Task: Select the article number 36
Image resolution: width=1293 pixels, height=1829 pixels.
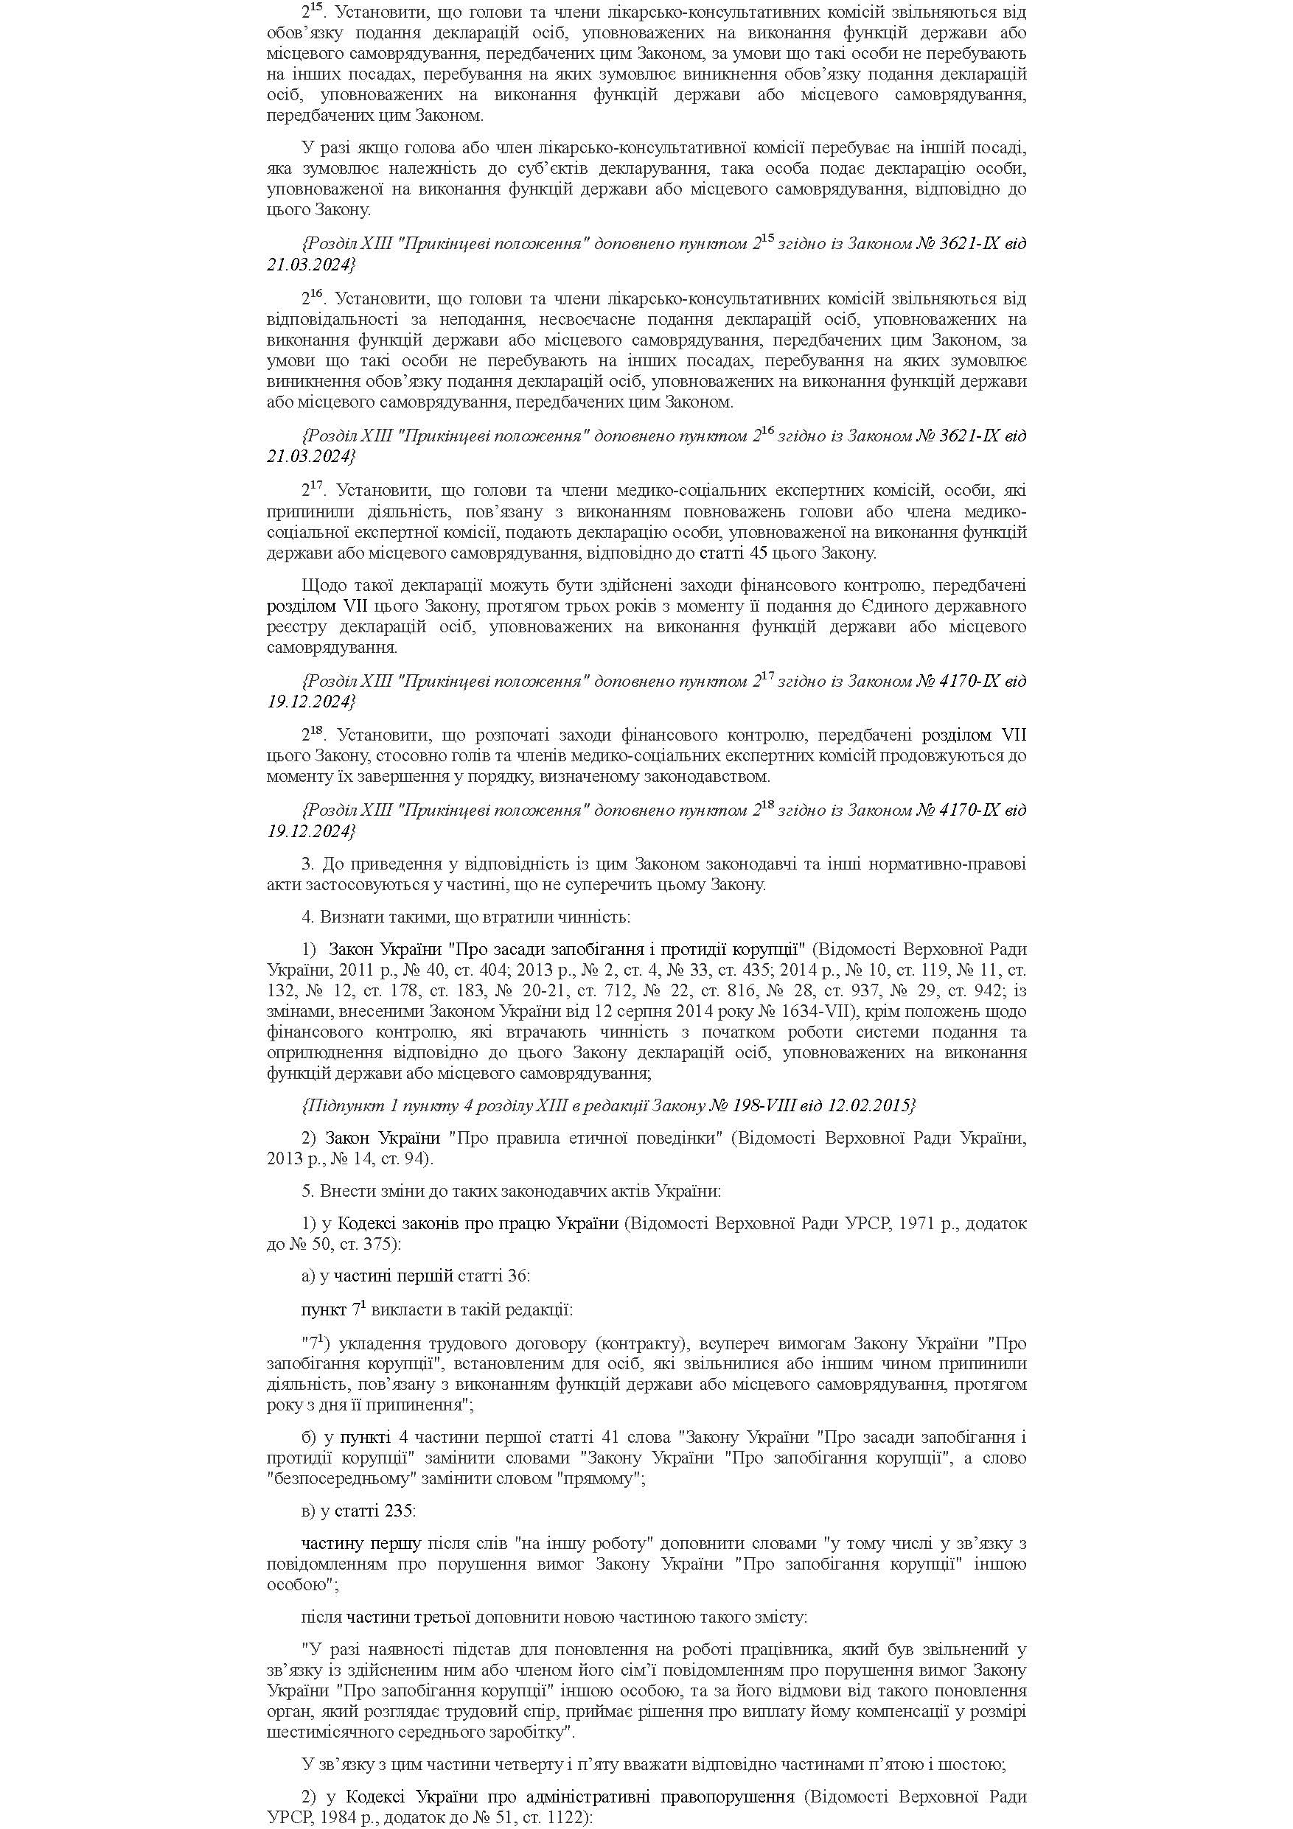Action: [516, 1276]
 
